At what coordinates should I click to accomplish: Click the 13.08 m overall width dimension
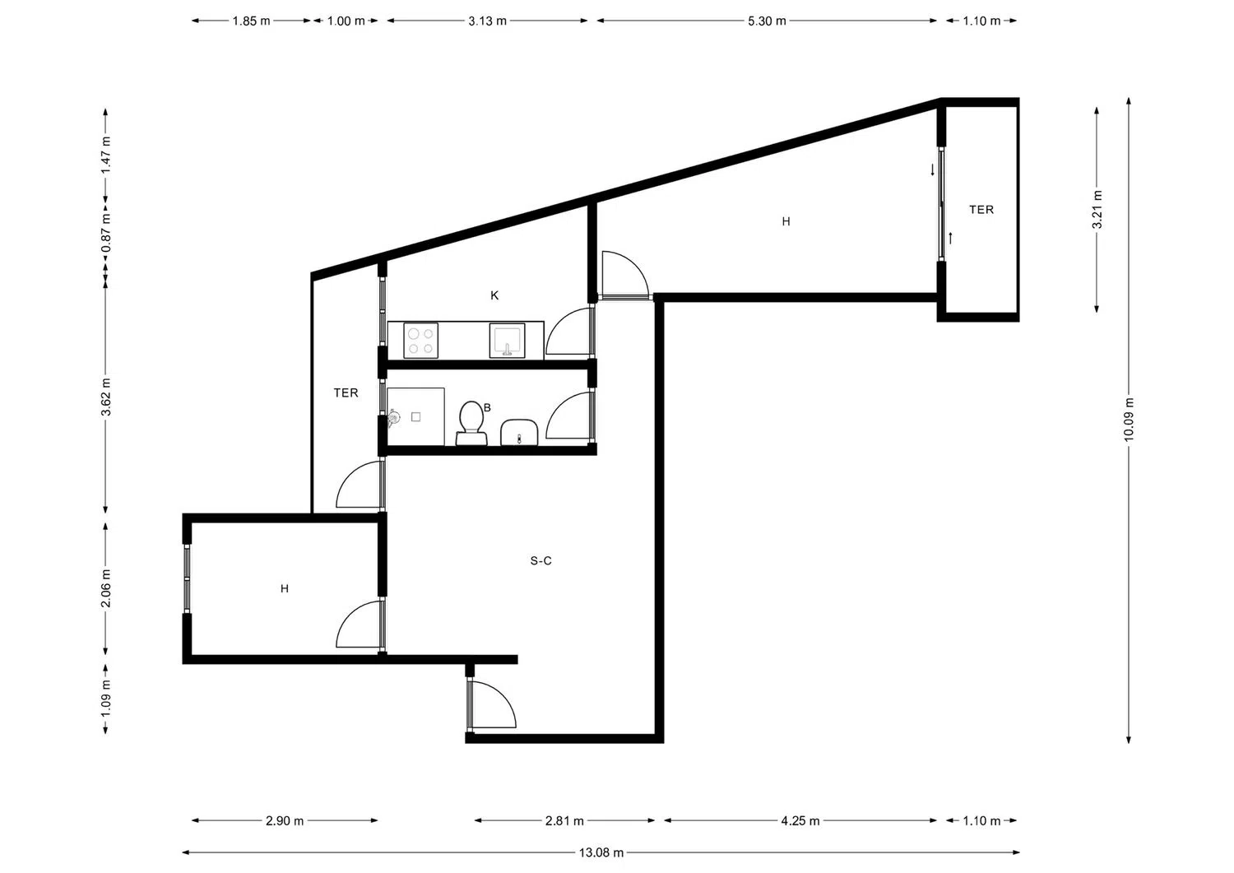pos(601,852)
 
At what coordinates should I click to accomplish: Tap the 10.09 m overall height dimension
pos(1129,419)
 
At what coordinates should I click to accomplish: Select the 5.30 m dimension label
pos(767,21)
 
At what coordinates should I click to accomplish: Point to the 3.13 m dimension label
pos(488,21)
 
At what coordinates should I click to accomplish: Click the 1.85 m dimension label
pos(251,21)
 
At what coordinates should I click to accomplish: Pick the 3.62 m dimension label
pos(106,397)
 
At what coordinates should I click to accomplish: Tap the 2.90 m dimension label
pos(285,820)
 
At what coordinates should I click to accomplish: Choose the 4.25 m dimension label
pos(800,820)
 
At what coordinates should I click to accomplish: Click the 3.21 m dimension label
pos(1097,210)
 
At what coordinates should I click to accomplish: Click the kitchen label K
pos(494,295)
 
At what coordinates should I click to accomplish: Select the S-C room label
pos(541,560)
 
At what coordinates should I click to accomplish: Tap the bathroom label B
pos(487,408)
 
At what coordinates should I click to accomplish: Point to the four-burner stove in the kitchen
pos(421,341)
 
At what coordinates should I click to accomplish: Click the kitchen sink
pos(508,341)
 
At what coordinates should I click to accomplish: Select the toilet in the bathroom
pos(471,423)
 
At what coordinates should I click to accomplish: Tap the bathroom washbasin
pos(519,432)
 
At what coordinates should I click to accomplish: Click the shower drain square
pos(416,417)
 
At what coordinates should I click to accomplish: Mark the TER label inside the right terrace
pos(981,210)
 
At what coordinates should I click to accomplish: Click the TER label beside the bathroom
pos(346,393)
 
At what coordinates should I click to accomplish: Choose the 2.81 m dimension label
pos(564,820)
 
